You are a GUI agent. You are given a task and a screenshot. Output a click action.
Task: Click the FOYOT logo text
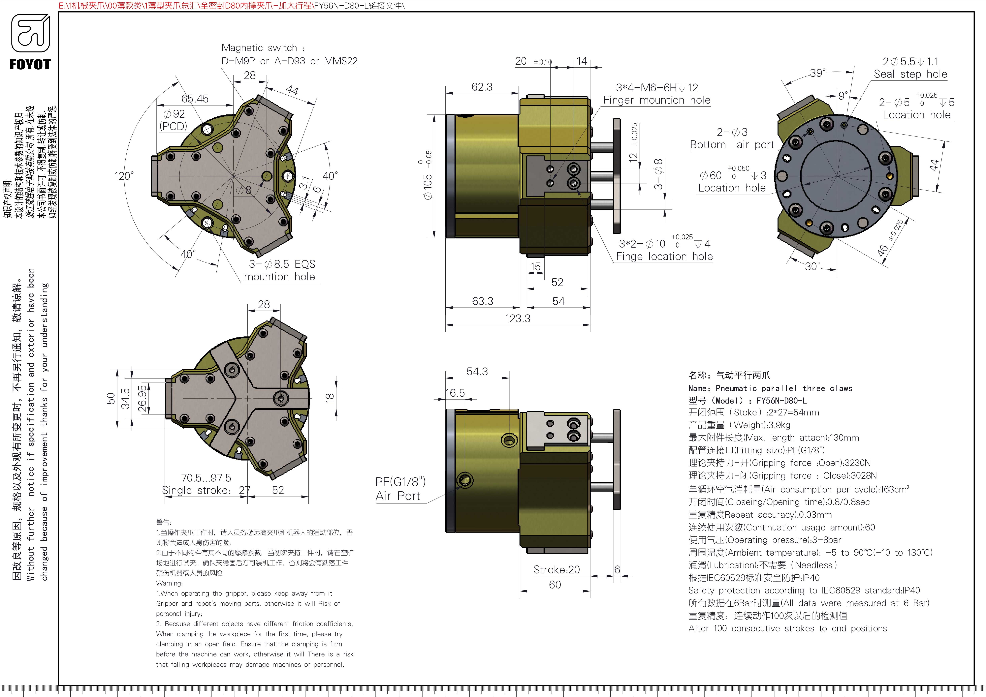pyautogui.click(x=30, y=65)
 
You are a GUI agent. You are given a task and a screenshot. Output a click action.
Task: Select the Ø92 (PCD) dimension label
pyautogui.click(x=174, y=120)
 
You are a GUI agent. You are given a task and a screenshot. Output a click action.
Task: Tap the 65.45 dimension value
pyautogui.click(x=195, y=99)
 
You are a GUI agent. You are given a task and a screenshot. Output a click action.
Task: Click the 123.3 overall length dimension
pyautogui.click(x=518, y=318)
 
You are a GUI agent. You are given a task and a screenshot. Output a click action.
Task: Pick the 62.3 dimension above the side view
pyautogui.click(x=482, y=87)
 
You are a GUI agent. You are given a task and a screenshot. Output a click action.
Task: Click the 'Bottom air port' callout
pyautogui.click(x=732, y=145)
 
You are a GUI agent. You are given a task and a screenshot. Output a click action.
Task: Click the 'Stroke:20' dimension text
pyautogui.click(x=557, y=569)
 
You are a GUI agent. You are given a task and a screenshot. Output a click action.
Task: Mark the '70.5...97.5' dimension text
pyautogui.click(x=206, y=478)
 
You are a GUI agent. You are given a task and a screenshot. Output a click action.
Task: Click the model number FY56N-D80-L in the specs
pyautogui.click(x=781, y=400)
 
